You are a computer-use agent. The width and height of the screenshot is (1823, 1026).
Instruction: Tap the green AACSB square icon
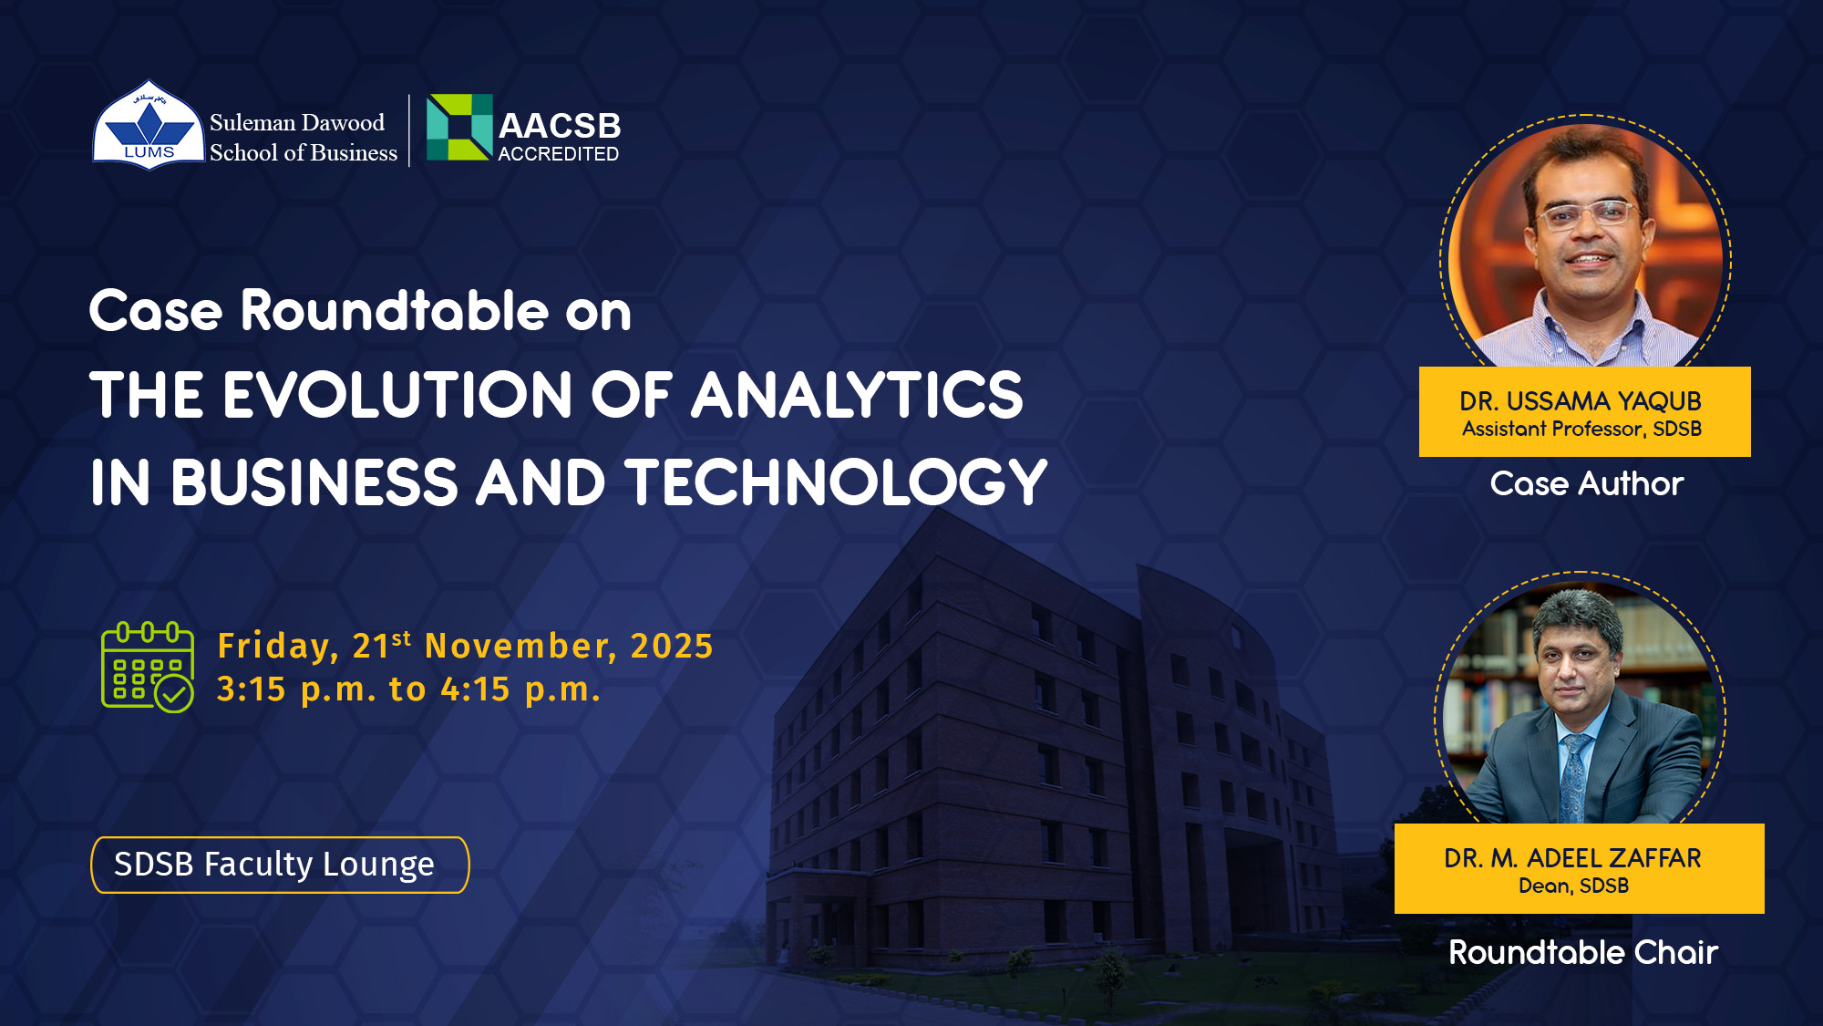click(459, 127)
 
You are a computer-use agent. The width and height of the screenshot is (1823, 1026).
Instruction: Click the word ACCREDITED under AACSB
click(558, 154)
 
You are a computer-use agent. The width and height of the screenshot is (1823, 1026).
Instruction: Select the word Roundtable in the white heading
click(394, 311)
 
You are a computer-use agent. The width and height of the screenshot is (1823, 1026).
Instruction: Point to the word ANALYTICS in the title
click(857, 395)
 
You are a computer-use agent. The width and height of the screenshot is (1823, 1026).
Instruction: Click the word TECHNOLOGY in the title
click(836, 482)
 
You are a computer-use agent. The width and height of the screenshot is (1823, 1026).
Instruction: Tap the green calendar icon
click(148, 667)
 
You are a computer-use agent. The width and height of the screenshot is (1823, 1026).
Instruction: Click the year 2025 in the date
click(672, 646)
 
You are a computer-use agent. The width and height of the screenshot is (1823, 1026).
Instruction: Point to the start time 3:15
click(252, 689)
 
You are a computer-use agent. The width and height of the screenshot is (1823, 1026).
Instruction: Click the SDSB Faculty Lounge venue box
click(280, 865)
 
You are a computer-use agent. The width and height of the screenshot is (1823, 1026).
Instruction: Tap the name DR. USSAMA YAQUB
click(1581, 401)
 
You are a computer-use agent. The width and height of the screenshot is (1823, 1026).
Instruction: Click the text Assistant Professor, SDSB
click(1581, 429)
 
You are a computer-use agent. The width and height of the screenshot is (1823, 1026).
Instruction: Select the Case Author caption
click(1587, 483)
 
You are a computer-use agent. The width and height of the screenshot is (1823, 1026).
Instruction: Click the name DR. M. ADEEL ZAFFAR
click(1572, 858)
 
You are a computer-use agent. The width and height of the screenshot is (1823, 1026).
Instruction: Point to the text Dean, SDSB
click(1573, 886)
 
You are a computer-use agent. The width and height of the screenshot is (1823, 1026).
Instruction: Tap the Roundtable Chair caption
click(1583, 952)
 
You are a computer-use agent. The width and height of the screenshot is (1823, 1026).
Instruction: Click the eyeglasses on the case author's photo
click(1586, 215)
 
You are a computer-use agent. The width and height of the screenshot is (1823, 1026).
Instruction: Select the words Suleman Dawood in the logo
click(297, 122)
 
